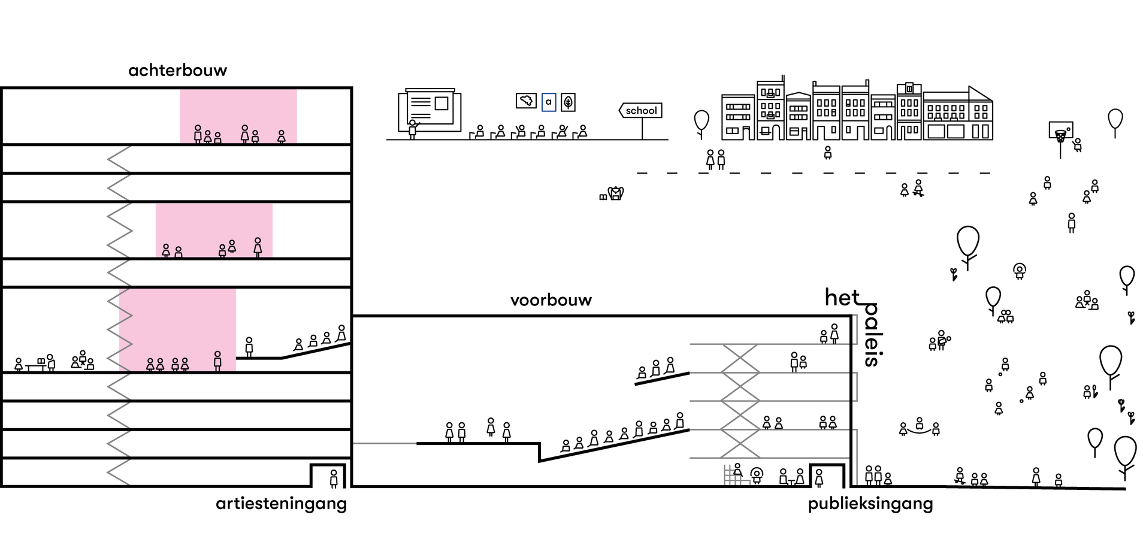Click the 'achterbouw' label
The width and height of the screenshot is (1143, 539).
coord(177,71)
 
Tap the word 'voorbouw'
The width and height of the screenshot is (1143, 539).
coord(551,300)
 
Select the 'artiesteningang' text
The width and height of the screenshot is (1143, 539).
coord(281,504)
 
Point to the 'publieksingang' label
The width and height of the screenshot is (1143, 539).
coord(870,504)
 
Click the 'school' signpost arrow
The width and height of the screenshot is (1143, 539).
coord(640,110)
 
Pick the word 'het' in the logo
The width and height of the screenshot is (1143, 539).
coord(842,297)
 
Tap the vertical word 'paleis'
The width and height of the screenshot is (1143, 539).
coord(872,335)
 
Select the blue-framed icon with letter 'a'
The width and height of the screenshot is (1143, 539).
coord(548,102)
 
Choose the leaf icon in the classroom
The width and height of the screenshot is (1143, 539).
coord(568,102)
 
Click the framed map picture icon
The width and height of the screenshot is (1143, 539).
coord(526,101)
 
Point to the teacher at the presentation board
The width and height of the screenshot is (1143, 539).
coord(412,129)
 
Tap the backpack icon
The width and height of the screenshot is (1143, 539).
coord(615,193)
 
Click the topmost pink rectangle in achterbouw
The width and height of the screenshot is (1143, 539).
coord(238,116)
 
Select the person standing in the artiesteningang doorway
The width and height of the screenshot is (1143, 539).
coord(334,478)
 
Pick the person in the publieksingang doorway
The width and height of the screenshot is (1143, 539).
coord(819,477)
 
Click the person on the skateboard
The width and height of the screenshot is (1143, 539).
coord(918,188)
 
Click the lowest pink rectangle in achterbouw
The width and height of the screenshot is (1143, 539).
coord(177,329)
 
